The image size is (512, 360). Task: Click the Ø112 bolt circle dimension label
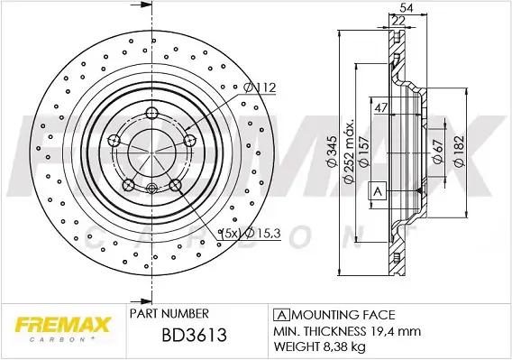coord(260,88)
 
